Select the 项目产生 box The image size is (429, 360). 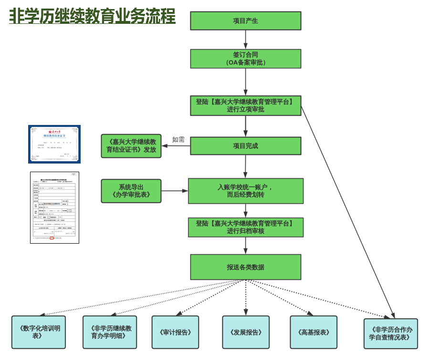click(x=246, y=21)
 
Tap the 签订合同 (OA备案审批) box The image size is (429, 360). click(x=246, y=59)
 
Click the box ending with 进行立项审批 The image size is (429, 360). click(x=246, y=105)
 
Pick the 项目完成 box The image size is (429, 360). click(x=246, y=146)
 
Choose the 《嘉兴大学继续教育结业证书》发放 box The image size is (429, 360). click(x=131, y=146)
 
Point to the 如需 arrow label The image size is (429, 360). click(x=178, y=139)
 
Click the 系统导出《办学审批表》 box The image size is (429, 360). click(x=131, y=191)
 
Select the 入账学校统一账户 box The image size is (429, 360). click(x=246, y=191)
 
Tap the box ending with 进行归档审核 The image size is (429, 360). click(x=246, y=227)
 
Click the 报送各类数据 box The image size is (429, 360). click(x=246, y=267)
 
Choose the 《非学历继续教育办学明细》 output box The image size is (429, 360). click(x=110, y=332)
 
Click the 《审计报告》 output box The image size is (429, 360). click(x=175, y=332)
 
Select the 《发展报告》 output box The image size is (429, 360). click(x=246, y=332)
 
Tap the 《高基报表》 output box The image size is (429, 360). click(x=314, y=332)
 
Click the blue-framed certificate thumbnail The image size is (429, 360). click(x=54, y=144)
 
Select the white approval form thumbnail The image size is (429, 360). click(x=54, y=207)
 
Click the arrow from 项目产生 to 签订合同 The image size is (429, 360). click(x=246, y=40)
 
